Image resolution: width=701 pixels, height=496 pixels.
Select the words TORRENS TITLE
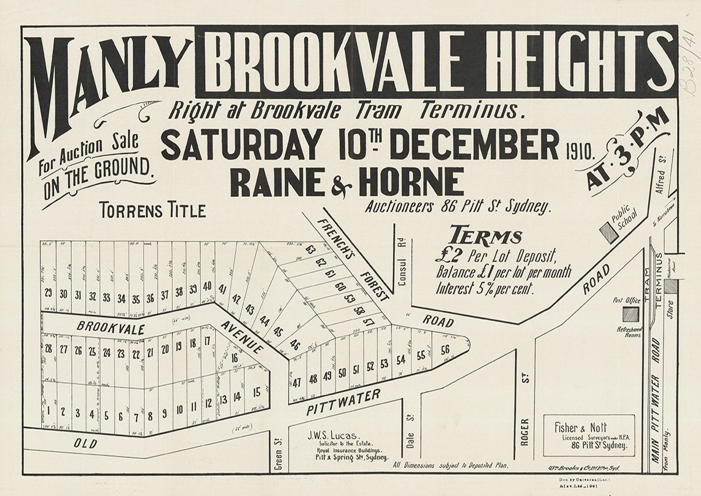[152, 210]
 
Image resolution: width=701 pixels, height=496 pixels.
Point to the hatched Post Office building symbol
[630, 314]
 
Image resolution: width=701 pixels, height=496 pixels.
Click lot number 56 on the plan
[445, 351]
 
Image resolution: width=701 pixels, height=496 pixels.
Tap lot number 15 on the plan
[256, 392]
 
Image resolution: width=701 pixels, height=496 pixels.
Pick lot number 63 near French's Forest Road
[310, 251]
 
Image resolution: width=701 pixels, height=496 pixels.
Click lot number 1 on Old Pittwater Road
[48, 411]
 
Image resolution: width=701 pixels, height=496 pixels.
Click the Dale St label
[410, 449]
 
